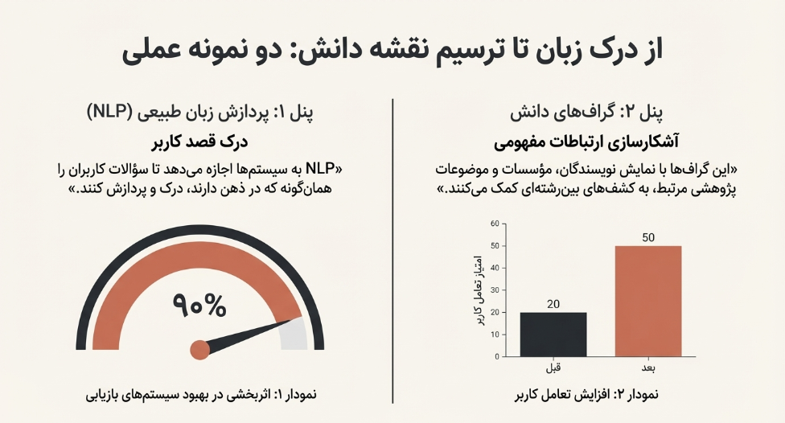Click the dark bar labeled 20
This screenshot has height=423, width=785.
[553, 334]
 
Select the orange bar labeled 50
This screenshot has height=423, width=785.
[648, 301]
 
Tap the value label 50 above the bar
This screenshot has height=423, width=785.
[648, 237]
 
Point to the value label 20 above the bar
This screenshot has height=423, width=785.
[553, 303]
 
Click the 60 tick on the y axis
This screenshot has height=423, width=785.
[495, 224]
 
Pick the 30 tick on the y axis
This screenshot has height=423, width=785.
[495, 290]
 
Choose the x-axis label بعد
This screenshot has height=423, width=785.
[648, 368]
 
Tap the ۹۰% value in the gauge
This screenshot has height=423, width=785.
[199, 304]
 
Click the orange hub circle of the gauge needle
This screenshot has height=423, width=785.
[199, 350]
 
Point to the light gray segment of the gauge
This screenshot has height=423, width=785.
[294, 334]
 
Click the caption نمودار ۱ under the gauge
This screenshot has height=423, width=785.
[200, 395]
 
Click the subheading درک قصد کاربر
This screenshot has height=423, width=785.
[200, 145]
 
